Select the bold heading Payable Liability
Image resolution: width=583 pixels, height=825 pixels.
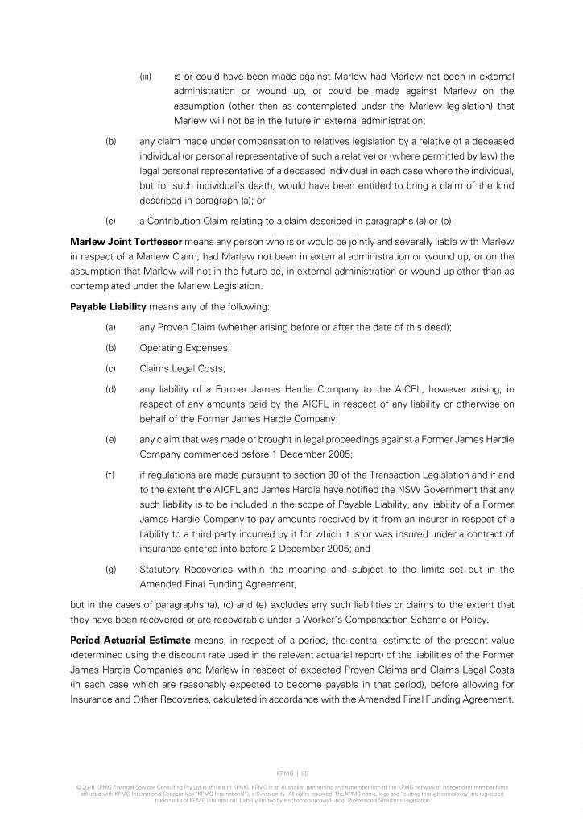coord(104,307)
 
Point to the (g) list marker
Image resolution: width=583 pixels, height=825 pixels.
coord(110,570)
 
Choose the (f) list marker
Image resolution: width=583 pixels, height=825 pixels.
coord(110,477)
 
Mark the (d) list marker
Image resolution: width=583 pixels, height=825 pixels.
coord(110,390)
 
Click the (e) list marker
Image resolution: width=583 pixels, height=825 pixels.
coord(110,440)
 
